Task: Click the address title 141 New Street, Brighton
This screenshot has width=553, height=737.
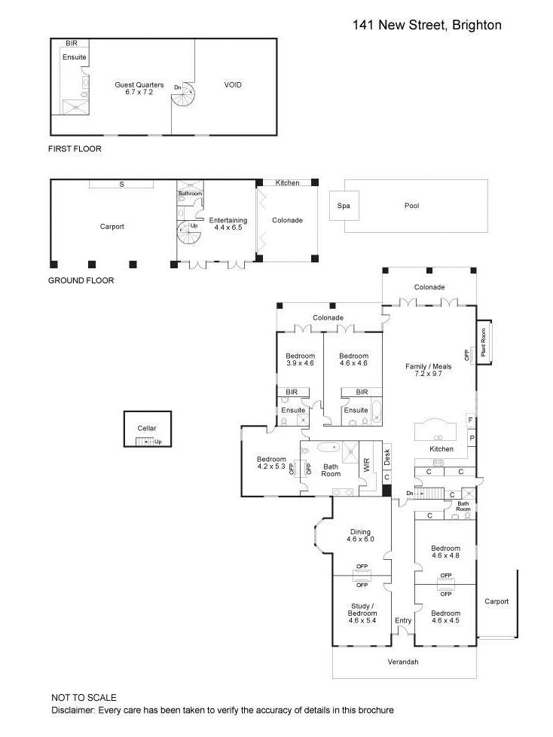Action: tap(426, 25)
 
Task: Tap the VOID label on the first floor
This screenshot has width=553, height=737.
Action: tap(234, 85)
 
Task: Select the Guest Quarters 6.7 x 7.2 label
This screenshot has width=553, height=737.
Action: tap(139, 89)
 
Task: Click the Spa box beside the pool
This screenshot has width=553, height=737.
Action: tap(344, 206)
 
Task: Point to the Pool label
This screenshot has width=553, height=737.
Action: tap(411, 206)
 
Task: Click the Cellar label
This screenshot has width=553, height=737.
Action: tap(147, 428)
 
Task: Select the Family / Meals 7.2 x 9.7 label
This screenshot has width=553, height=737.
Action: tap(428, 371)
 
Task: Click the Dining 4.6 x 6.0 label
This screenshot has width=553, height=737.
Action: tap(359, 536)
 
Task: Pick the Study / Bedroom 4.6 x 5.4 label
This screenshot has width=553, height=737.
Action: tap(362, 613)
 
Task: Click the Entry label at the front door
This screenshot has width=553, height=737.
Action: tap(403, 621)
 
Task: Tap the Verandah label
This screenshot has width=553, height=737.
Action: tap(403, 662)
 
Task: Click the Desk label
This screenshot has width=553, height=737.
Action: tap(386, 457)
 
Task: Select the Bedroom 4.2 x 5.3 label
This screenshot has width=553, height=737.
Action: tap(271, 463)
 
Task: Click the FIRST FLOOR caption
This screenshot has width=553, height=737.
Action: tap(75, 149)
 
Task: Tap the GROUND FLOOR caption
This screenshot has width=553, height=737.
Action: tap(81, 280)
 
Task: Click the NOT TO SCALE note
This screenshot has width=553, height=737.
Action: tap(84, 698)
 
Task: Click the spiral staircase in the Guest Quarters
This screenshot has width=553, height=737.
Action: tap(184, 96)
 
